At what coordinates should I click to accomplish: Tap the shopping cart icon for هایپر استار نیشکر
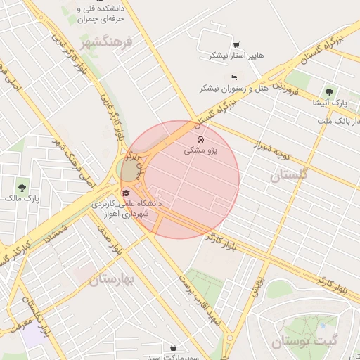pos(236,44)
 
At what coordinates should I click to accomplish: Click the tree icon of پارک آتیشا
pos(329,92)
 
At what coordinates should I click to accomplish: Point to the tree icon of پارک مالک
pos(22,188)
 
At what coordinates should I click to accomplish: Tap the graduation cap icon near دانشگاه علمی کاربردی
pos(126,192)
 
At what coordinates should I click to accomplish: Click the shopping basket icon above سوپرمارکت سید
pos(174,347)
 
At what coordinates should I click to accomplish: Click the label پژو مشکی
pos(202,150)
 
